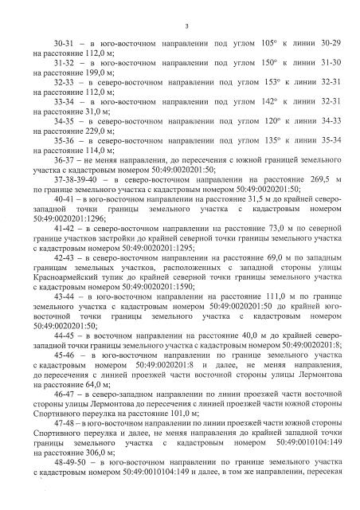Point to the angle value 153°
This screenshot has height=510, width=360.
pos(256,82)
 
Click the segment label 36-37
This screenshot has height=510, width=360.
pos(65,159)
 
